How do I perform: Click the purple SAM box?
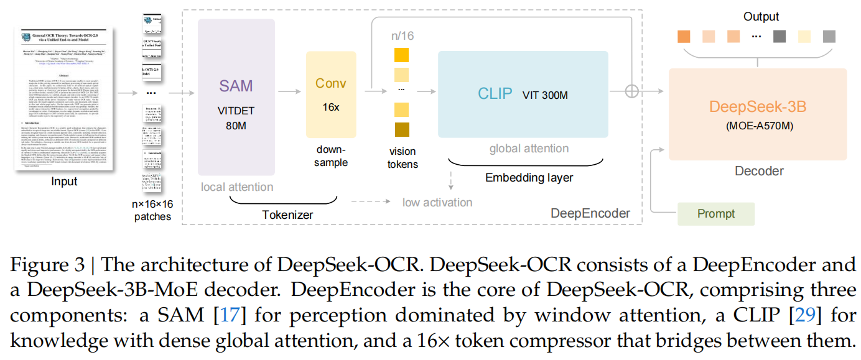click(236, 99)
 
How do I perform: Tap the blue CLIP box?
click(523, 94)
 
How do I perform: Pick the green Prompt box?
click(715, 214)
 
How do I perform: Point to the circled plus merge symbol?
click(631, 91)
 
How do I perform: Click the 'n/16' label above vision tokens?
click(402, 36)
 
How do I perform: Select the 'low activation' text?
click(437, 202)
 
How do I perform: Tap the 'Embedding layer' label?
click(529, 178)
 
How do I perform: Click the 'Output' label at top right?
click(760, 17)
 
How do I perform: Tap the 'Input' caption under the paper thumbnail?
click(65, 182)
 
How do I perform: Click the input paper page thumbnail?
click(65, 99)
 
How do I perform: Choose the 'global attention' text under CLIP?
click(529, 149)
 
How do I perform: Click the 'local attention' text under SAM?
click(236, 187)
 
